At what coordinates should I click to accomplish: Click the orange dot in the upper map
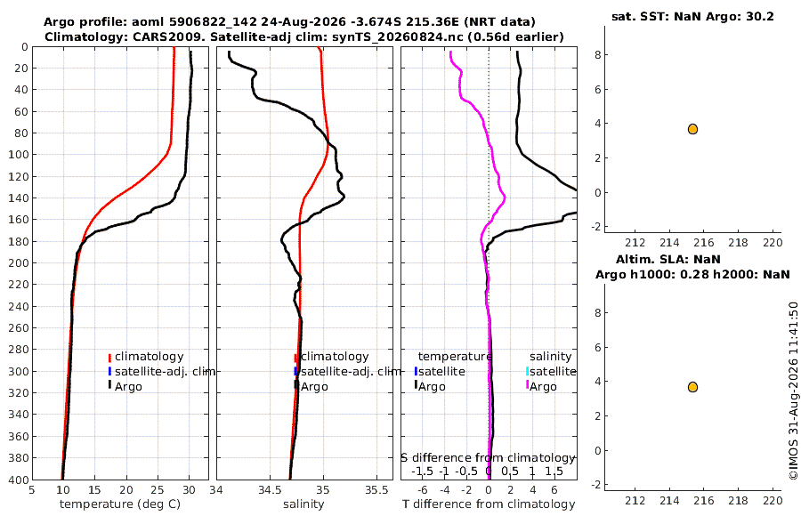click(x=692, y=129)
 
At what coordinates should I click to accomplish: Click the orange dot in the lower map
click(x=692, y=387)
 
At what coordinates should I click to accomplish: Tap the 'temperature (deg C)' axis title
click(x=120, y=504)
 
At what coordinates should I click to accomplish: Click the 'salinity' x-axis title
click(x=303, y=504)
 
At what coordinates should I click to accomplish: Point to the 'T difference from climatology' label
click(x=489, y=504)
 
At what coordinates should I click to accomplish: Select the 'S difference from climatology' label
click(x=488, y=458)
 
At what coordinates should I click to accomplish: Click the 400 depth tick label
click(x=18, y=480)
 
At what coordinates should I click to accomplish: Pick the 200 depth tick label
click(x=18, y=262)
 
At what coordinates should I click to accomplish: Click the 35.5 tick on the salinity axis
click(x=376, y=490)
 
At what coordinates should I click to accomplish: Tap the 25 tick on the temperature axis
click(x=158, y=490)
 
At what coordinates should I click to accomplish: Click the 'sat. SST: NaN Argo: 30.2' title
click(x=692, y=16)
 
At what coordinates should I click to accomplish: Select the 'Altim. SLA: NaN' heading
click(x=668, y=259)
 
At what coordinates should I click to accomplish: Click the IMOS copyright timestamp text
click(x=793, y=391)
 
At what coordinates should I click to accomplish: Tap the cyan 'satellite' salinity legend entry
click(x=551, y=371)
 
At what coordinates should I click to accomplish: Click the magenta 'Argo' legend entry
click(x=541, y=386)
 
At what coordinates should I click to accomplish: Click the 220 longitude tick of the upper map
click(x=773, y=243)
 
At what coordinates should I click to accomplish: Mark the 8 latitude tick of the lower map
click(x=598, y=312)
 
